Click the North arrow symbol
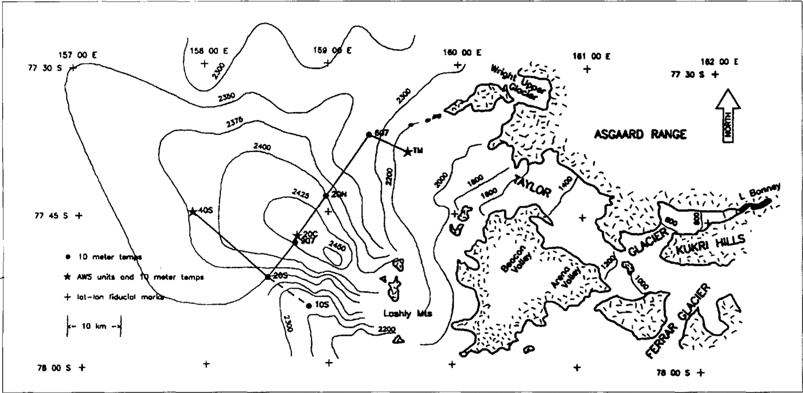point(727,118)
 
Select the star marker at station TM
point(407,152)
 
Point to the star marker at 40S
point(193,211)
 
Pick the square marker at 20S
point(267,277)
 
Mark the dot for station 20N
point(326,196)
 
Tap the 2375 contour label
point(235,122)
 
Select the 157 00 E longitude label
point(78,55)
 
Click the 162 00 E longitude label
point(719,62)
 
